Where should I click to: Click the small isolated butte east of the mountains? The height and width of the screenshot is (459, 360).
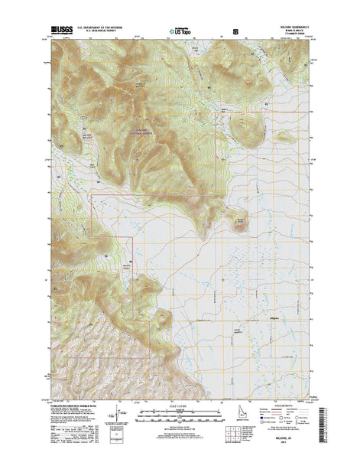[239, 222]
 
